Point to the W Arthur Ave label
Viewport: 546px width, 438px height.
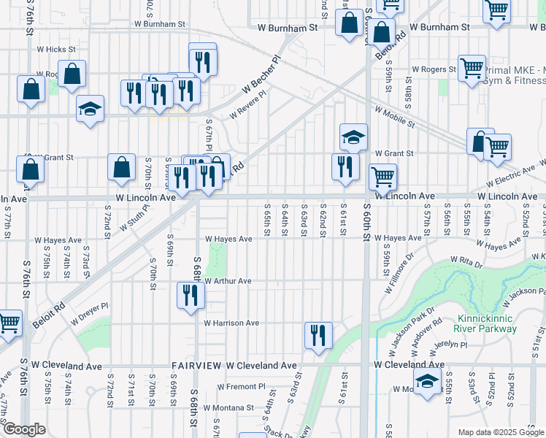228,281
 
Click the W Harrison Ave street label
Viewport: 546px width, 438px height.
231,323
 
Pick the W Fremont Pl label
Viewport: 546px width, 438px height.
242,386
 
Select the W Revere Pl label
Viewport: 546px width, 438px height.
247,104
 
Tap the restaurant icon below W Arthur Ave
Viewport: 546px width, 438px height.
190,296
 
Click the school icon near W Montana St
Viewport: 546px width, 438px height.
428,381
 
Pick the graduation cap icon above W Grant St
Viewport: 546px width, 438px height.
353,137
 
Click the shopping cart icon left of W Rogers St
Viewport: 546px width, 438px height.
472,68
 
